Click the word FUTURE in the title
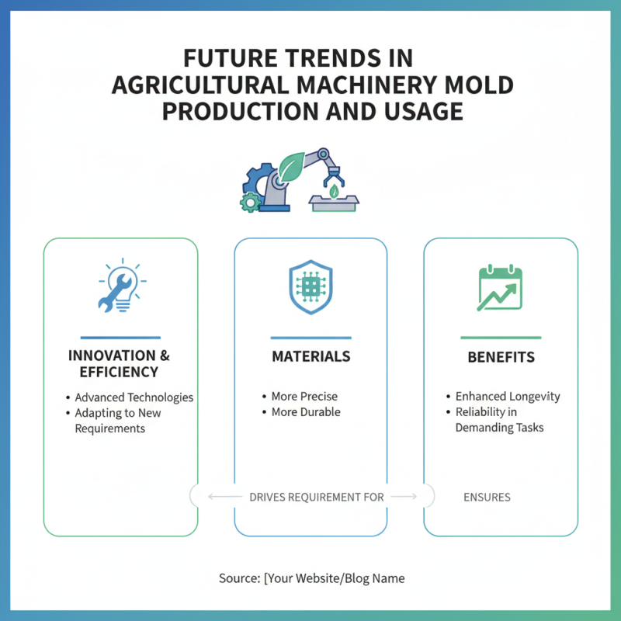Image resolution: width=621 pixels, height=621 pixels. pos(224,60)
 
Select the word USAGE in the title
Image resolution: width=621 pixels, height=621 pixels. pos(424,110)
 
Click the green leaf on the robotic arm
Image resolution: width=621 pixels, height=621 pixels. pos(292,165)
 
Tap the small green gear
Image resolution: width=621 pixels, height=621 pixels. pos(250,203)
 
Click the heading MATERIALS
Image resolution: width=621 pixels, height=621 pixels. pos(310,357)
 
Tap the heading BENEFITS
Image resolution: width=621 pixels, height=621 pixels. pos(501,358)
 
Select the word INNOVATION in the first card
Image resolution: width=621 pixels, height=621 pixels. pos(113,356)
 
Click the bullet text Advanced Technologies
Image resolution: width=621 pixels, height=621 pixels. pos(134,397)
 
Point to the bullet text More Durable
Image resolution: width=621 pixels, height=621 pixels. pos(306,412)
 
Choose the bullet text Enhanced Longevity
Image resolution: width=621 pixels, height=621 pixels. pos(508,397)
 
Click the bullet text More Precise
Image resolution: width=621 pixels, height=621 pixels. pos(304,397)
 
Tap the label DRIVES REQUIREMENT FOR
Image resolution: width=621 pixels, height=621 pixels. pos(317,497)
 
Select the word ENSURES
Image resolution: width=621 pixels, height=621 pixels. pos(487,497)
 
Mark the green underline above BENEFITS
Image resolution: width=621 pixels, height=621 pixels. pos(501,338)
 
